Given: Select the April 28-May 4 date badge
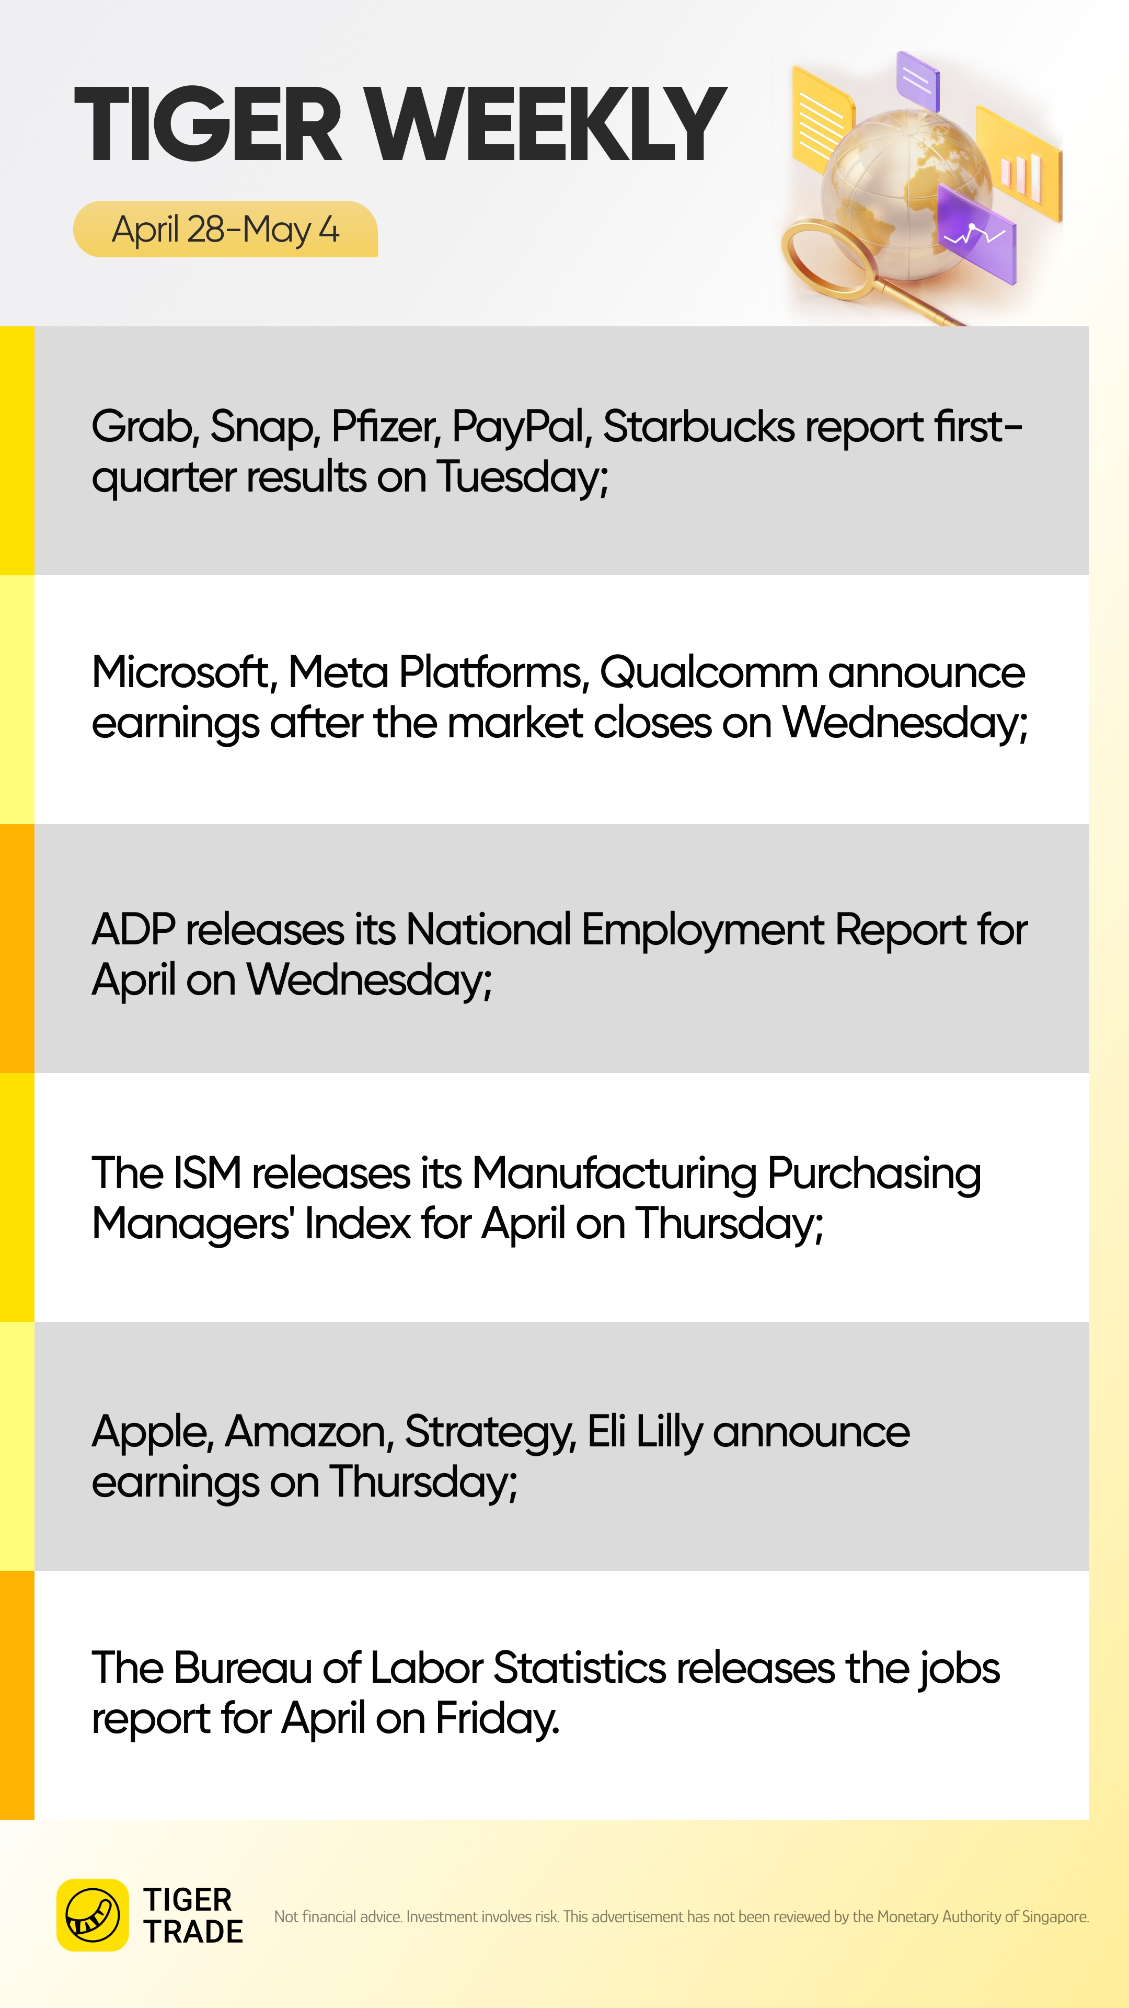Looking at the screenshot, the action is tap(225, 229).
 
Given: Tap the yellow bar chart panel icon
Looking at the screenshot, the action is tap(1019, 165).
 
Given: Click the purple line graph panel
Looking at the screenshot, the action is tap(976, 233).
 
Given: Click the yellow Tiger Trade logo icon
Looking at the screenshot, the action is tap(93, 1914).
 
